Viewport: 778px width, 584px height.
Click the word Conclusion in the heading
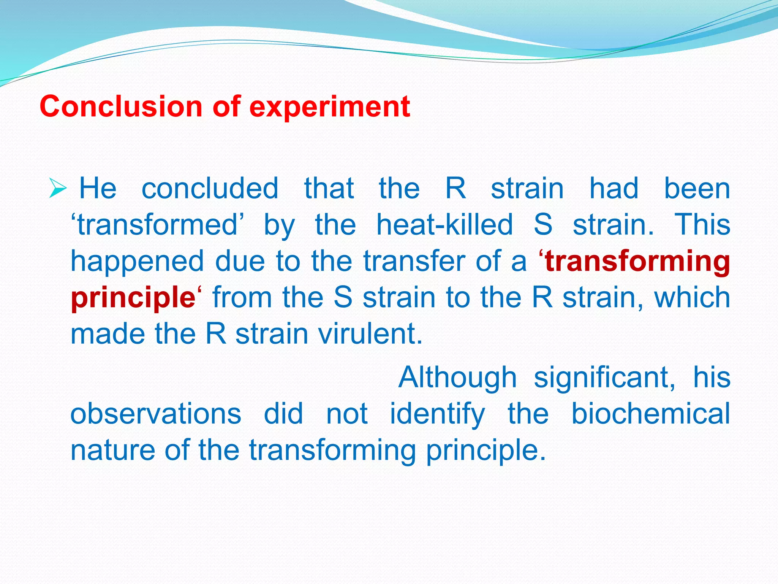pyautogui.click(x=121, y=106)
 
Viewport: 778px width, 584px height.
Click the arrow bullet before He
pyautogui.click(x=58, y=189)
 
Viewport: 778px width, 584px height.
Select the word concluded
pyautogui.click(x=210, y=188)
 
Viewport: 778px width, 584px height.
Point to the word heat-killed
pyautogui.click(x=444, y=225)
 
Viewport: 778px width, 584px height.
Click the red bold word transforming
pyautogui.click(x=637, y=262)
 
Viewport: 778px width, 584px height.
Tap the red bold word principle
pyautogui.click(x=133, y=298)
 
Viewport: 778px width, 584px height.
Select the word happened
pyautogui.click(x=138, y=262)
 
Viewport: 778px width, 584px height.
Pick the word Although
pyautogui.click(x=457, y=377)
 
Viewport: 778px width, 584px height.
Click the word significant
pyautogui.click(x=604, y=377)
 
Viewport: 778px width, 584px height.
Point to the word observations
pyautogui.click(x=156, y=414)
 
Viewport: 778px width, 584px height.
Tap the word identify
pyautogui.click(x=437, y=414)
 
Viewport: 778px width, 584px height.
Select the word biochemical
pyautogui.click(x=650, y=414)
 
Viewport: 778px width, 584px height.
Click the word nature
pyautogui.click(x=113, y=450)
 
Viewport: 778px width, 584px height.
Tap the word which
pyautogui.click(x=692, y=298)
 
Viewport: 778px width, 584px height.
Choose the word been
pyautogui.click(x=697, y=188)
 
